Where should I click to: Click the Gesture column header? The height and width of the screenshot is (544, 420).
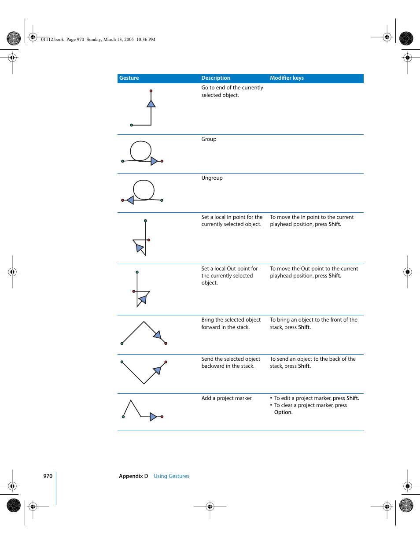(129, 78)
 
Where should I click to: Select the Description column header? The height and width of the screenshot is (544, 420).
(216, 78)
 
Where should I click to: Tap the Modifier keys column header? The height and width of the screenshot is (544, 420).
(287, 78)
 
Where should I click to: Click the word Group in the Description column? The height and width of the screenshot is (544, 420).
(209, 139)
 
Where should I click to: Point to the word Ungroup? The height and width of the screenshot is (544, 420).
(212, 178)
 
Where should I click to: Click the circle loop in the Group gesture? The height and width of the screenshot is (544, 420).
(141, 151)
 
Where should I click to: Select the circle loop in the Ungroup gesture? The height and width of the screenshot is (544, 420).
(144, 190)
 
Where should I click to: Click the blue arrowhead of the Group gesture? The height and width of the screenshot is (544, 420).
(154, 161)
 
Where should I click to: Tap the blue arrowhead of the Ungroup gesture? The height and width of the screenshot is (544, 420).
(130, 200)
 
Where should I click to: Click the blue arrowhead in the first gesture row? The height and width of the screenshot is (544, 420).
(151, 104)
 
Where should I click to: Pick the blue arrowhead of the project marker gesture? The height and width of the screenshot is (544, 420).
(153, 417)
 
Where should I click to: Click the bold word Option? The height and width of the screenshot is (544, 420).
(283, 412)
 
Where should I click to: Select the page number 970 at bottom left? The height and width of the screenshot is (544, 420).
(48, 476)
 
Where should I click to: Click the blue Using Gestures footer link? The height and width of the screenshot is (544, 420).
(171, 476)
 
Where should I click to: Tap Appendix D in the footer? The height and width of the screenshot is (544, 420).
(133, 476)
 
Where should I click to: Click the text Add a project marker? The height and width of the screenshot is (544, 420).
(227, 398)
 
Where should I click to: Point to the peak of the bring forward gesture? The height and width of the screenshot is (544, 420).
(144, 322)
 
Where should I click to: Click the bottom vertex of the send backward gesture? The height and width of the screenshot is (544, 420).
(144, 384)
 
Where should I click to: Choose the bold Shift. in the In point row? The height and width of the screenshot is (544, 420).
(335, 224)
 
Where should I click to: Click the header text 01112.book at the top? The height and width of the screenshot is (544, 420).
(52, 40)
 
